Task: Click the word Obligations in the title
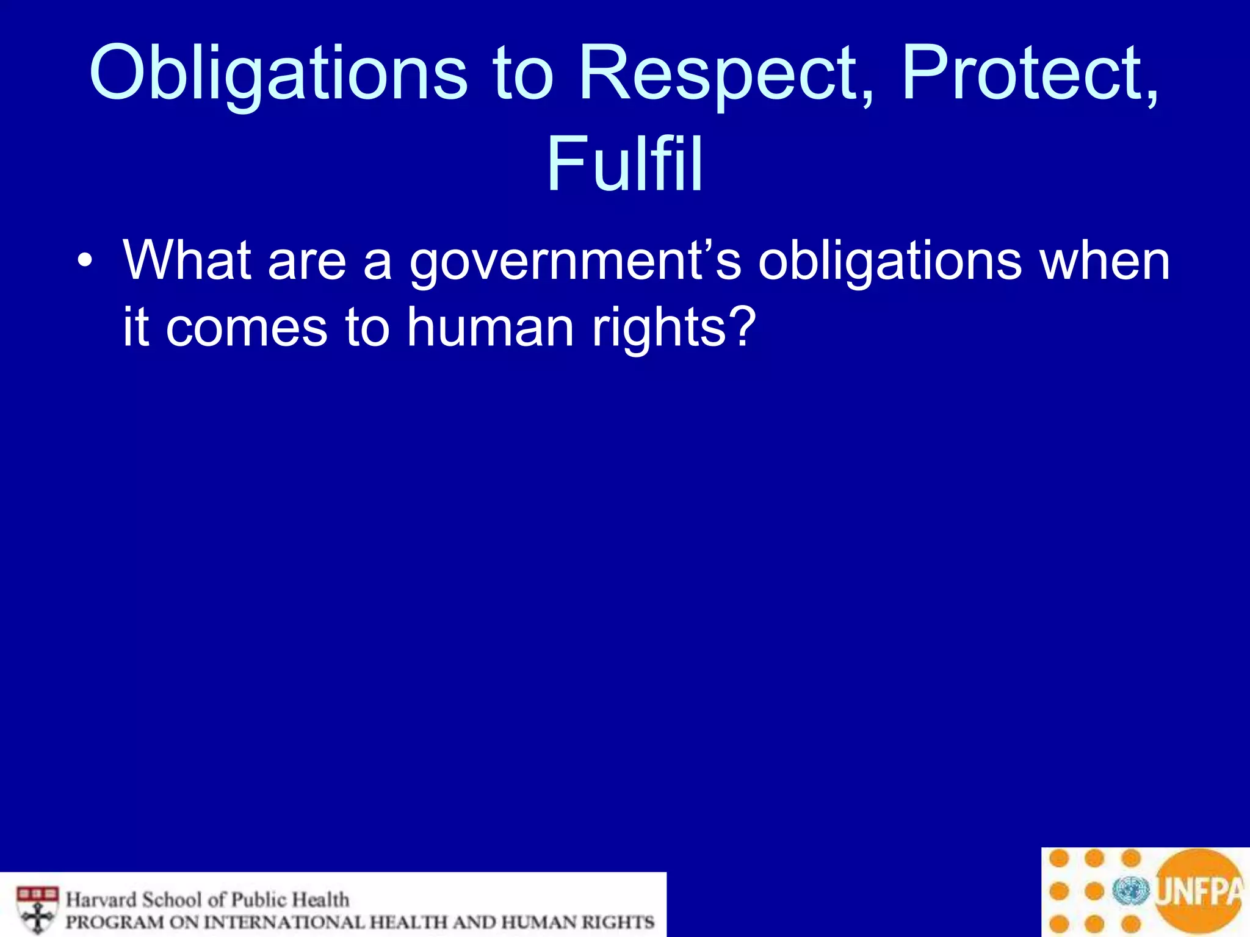(278, 73)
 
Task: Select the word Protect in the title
(1029, 73)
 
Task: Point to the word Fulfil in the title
(624, 163)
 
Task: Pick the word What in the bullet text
(187, 260)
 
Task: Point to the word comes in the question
(247, 328)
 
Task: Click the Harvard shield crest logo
(38, 910)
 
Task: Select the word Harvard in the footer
(101, 900)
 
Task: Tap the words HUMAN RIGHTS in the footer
(577, 922)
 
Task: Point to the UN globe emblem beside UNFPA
(1131, 891)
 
